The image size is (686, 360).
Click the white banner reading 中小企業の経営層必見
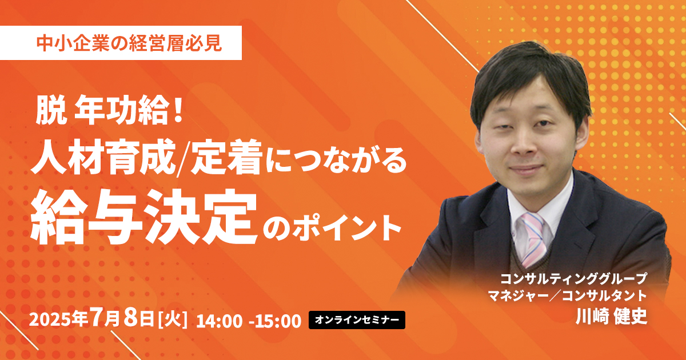(121, 43)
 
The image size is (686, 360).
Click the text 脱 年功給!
(109, 112)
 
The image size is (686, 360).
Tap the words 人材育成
(103, 157)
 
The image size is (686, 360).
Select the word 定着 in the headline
(226, 157)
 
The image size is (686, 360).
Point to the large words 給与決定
(143, 216)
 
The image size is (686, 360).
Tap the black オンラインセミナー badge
(357, 320)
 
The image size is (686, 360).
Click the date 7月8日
(122, 319)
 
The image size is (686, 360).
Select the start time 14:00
(220, 321)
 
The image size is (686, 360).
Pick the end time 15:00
(278, 321)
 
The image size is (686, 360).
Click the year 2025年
(59, 319)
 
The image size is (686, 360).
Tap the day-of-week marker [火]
(172, 319)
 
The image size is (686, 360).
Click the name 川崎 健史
(611, 316)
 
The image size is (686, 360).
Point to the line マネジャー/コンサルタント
(567, 296)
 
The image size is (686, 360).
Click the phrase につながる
(336, 159)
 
